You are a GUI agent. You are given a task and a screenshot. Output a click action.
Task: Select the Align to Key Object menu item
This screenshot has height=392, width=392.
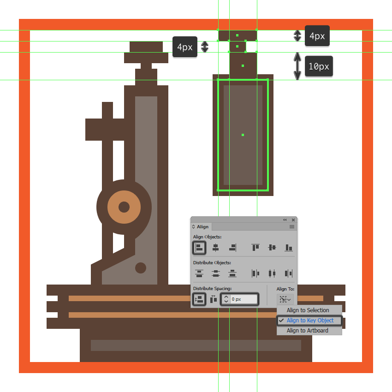[309, 320]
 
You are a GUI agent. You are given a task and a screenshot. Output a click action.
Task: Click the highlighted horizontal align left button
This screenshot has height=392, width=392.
[199, 248]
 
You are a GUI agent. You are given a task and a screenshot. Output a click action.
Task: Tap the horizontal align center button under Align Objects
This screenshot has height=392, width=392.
[215, 248]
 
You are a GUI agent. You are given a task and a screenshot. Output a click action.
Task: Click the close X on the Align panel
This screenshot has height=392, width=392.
[293, 220]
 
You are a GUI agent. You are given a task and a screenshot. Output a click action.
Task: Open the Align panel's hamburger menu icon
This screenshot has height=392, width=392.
[292, 227]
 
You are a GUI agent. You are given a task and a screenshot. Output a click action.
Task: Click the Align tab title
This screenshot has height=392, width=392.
[202, 227]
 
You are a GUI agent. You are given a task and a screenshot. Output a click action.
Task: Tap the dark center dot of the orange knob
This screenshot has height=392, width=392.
[124, 207]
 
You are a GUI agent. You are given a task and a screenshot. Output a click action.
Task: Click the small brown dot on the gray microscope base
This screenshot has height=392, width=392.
[141, 268]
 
